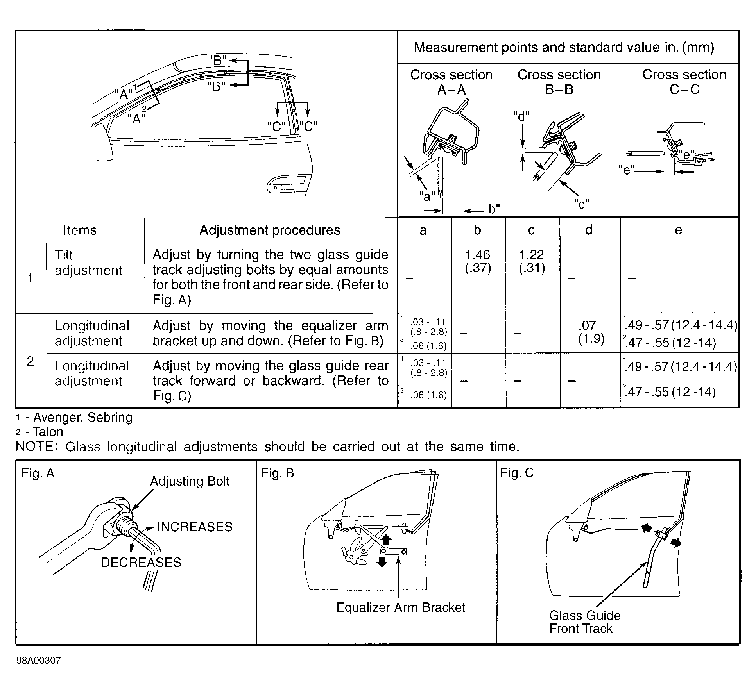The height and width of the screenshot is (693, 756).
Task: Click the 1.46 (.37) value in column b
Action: pos(478,261)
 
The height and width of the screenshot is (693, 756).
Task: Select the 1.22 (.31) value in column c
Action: pos(532,261)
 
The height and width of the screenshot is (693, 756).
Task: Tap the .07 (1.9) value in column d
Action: pos(590,332)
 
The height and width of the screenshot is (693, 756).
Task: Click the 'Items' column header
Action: pos(80,230)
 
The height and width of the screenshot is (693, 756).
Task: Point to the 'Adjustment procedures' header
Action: pos(270,230)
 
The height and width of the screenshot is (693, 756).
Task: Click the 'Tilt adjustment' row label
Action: pos(88,263)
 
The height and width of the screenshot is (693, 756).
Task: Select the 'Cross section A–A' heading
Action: pos(451,82)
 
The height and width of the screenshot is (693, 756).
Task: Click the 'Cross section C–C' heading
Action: pos(684,82)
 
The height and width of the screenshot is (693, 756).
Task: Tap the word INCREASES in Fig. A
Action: pos(195,527)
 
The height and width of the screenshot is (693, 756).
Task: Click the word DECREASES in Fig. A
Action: pos(141,563)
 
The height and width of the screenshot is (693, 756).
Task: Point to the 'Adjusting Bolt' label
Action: pos(190,481)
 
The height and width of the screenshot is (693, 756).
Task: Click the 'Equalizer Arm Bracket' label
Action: pos(401,607)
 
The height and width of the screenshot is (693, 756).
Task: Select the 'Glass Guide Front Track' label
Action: pos(584,622)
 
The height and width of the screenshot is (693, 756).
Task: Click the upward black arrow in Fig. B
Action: pos(386,540)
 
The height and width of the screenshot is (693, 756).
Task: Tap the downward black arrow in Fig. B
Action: pos(382,562)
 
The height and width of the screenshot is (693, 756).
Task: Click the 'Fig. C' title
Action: pos(517,473)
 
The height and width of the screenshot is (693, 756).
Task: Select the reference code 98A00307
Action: pos(39,661)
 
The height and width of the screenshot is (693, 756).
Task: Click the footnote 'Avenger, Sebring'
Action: pos(82,418)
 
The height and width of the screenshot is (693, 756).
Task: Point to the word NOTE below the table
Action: pos(36,447)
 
